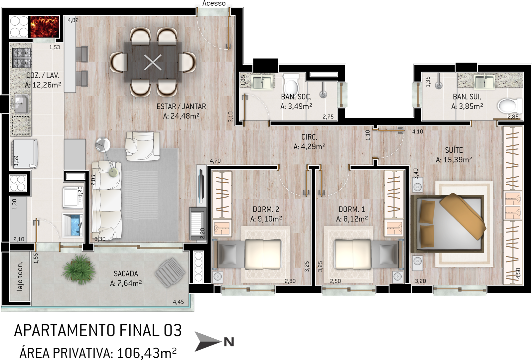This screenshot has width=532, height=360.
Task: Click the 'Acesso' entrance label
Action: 214,3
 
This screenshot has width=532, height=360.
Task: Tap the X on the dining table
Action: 153,62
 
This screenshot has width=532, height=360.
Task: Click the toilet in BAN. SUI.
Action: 510,106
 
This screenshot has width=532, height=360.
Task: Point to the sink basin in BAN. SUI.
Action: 484,82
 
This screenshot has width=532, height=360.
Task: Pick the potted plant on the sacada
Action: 78,269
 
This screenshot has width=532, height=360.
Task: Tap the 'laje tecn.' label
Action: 20,276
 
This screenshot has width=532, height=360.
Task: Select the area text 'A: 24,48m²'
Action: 181,116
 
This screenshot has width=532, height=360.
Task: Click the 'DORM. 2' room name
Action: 266,209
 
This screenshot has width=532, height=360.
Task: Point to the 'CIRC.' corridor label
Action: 309,137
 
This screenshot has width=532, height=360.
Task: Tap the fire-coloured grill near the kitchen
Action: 45,27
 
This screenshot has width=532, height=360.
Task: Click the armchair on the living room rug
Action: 143,146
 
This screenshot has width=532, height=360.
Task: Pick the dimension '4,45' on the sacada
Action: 178,302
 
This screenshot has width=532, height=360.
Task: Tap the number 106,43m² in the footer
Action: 147,353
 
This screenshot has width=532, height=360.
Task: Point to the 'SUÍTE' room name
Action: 454,150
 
